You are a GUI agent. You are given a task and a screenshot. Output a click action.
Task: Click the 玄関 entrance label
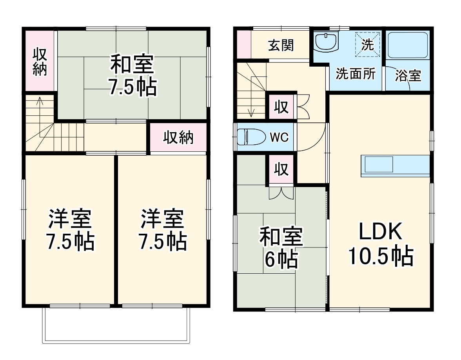(x=281, y=45)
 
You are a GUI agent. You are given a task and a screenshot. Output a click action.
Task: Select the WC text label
(x=279, y=137)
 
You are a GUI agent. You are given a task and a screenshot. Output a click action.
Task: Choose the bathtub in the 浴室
(x=408, y=45)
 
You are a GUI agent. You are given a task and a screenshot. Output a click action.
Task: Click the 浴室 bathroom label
(x=408, y=76)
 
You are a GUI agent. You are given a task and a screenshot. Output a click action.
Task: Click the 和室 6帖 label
(x=281, y=247)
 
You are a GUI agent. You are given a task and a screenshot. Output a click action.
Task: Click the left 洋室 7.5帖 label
(x=71, y=230)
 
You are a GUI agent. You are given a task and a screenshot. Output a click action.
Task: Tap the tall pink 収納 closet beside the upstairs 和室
(x=39, y=62)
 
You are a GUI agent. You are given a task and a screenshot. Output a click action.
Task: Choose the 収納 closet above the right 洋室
(x=178, y=138)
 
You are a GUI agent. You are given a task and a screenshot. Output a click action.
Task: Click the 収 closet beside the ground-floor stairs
(x=281, y=107)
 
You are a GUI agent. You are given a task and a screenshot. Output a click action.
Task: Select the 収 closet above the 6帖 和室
(x=281, y=169)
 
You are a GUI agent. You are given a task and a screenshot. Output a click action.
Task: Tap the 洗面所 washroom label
(x=356, y=74)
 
